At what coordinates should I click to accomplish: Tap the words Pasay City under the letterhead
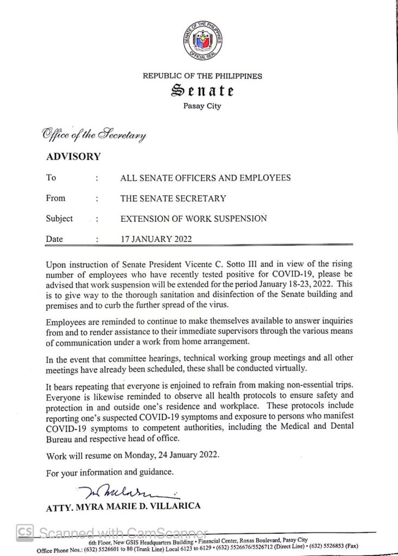tap(202, 107)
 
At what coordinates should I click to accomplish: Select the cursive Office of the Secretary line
tap(91, 134)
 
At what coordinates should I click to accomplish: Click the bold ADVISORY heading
tap(73, 157)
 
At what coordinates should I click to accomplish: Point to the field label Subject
tap(60, 218)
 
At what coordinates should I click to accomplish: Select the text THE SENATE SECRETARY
tap(173, 199)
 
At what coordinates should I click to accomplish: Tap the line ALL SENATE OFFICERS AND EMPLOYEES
tap(205, 178)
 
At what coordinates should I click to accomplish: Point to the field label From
tap(56, 199)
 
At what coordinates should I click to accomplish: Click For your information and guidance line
tap(110, 473)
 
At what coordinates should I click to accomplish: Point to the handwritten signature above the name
tap(119, 493)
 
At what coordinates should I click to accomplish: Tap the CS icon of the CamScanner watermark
tap(23, 531)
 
